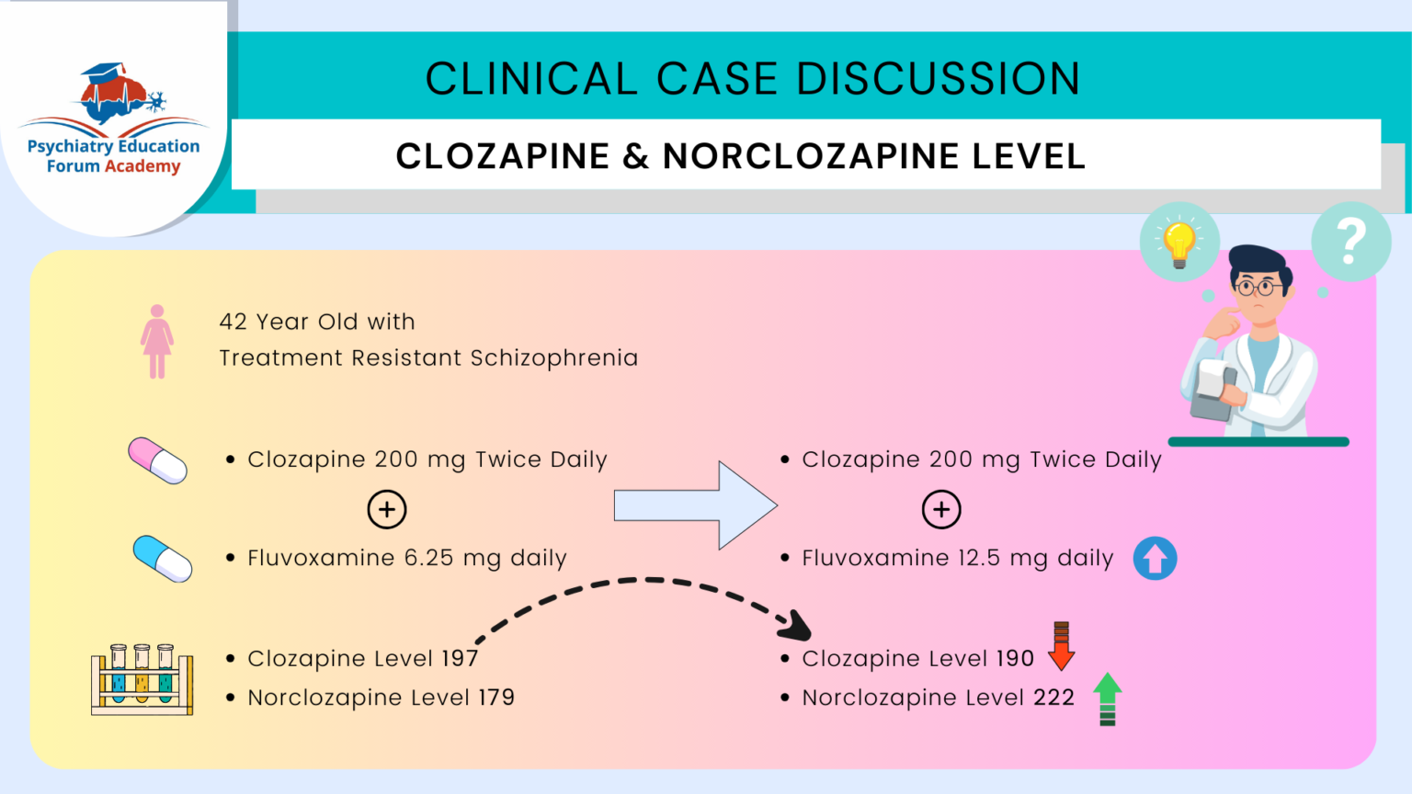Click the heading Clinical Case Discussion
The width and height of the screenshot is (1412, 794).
click(x=752, y=79)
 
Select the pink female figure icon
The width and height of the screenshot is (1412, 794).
click(x=157, y=342)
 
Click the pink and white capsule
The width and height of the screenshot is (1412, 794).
click(x=158, y=460)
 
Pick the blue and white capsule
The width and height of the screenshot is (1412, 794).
click(x=163, y=558)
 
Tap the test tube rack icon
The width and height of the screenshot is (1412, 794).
click(x=142, y=679)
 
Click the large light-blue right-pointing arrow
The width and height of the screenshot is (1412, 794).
click(x=696, y=505)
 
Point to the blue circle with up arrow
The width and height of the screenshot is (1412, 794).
click(x=1155, y=558)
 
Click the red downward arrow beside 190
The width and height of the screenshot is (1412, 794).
click(x=1061, y=645)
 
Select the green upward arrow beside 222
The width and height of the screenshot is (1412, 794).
click(x=1108, y=698)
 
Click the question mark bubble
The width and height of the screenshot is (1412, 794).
click(x=1350, y=241)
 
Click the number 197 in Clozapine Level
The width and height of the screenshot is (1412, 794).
click(x=460, y=659)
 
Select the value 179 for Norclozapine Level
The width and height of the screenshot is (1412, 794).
click(x=496, y=698)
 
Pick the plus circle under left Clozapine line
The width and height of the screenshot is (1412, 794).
click(x=387, y=509)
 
